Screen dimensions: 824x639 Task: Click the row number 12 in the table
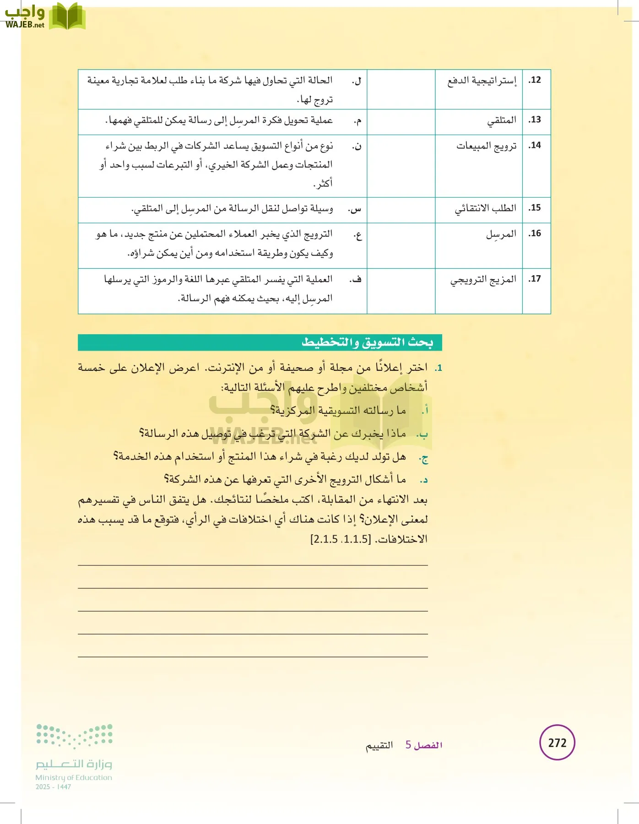pos(535,80)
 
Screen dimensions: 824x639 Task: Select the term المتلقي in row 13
pos(502,120)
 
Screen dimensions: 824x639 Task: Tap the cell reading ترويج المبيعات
pos(486,146)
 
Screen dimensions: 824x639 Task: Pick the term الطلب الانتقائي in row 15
pos(485,208)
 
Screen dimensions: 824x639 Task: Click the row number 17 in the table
pos(535,279)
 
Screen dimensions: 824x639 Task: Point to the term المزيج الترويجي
pos(483,279)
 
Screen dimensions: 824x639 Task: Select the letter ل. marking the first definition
pos(357,81)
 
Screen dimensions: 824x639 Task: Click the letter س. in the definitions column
pos(355,209)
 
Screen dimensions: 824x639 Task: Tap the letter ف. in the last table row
pos(356,279)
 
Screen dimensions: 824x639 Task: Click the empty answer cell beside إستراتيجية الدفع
pos(401,89)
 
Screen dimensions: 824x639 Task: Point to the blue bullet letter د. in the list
pos(424,480)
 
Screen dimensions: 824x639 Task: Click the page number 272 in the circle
pos(557,743)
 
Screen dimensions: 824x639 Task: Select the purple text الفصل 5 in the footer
pos(424,745)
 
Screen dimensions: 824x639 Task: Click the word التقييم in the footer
pos(379,745)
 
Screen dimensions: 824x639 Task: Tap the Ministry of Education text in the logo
pos(74,777)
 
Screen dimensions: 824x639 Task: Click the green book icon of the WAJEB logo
pos(67,16)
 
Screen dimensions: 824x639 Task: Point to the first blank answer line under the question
pos(253,565)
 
